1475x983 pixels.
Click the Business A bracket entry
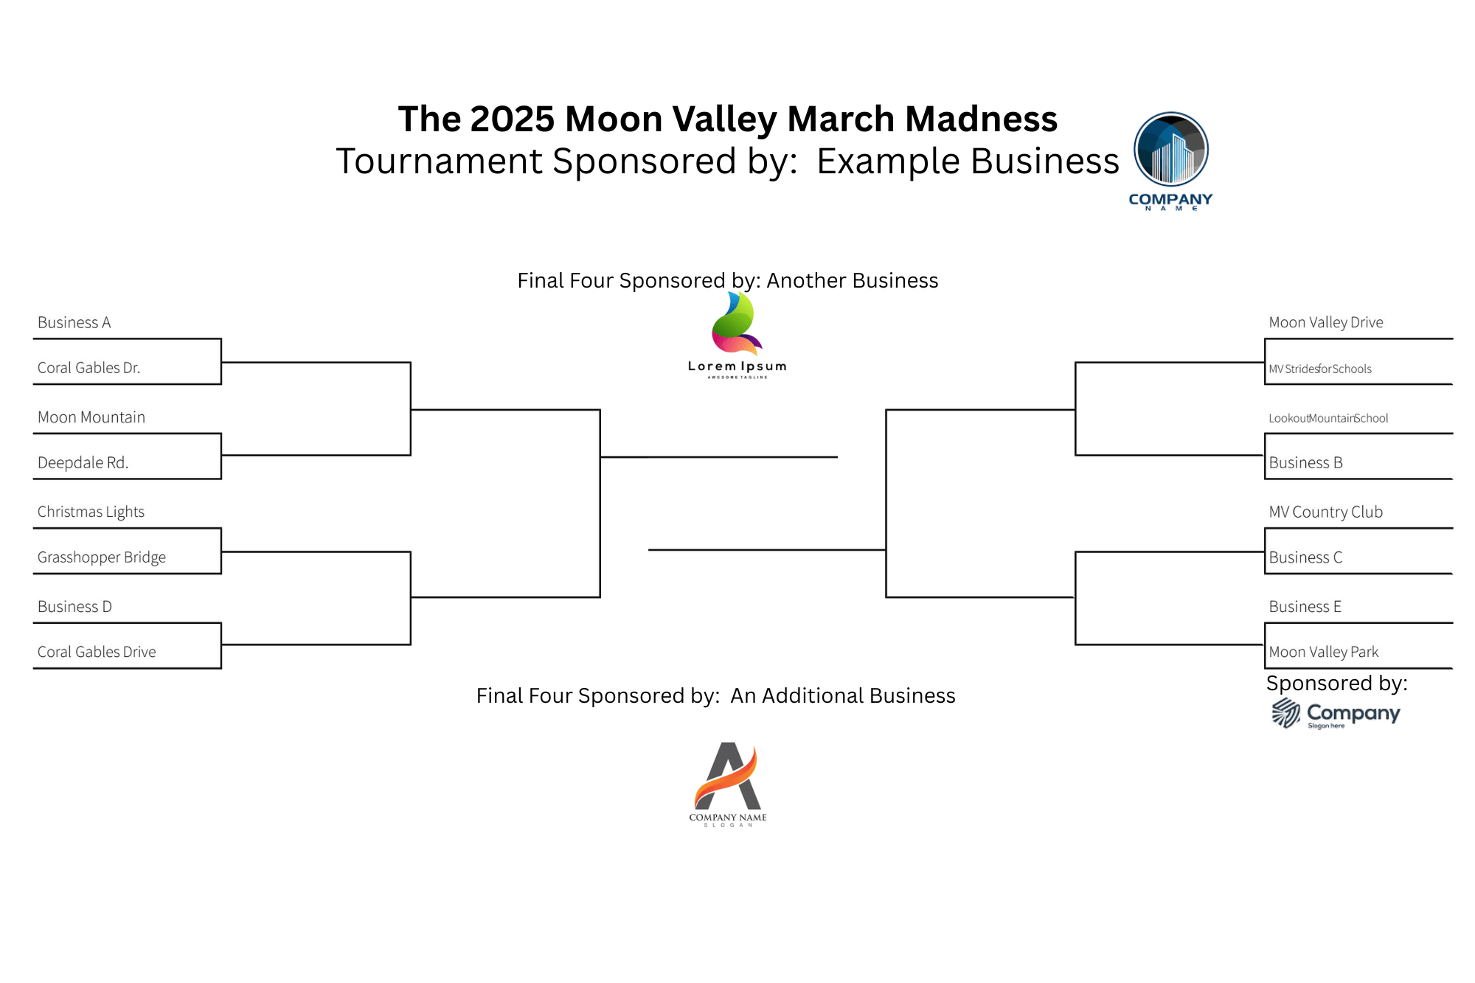(x=74, y=322)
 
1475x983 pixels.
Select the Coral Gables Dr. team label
(x=88, y=367)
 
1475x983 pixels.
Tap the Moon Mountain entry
(x=91, y=417)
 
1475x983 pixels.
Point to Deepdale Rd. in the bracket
(x=83, y=462)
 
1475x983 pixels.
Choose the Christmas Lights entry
(x=91, y=512)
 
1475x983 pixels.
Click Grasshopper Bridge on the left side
(x=102, y=558)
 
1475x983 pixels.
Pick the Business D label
(x=74, y=606)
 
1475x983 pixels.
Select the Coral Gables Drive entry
(x=97, y=652)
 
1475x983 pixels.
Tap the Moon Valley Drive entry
(x=1326, y=322)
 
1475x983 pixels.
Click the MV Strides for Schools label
(x=1320, y=369)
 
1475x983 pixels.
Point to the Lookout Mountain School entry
(x=1328, y=418)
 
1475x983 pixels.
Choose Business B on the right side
(x=1305, y=462)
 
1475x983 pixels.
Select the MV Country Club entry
(x=1326, y=512)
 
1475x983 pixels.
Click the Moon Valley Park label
(x=1324, y=652)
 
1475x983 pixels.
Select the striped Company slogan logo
(x=1336, y=714)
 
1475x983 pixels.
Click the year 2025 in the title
(x=513, y=119)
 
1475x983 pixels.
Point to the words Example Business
(x=968, y=161)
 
